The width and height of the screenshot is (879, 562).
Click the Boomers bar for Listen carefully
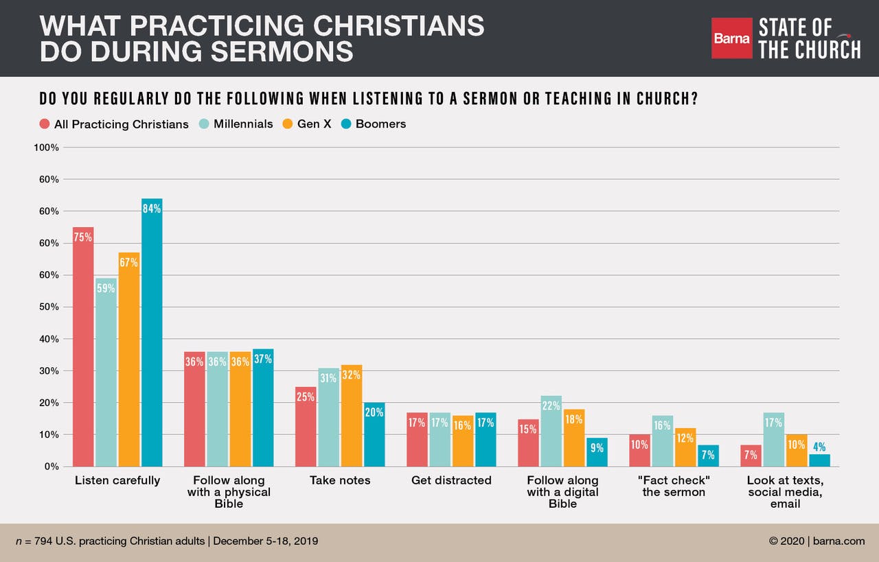(152, 333)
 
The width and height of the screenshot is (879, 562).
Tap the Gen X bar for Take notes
(351, 415)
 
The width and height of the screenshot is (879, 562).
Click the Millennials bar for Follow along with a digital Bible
(551, 431)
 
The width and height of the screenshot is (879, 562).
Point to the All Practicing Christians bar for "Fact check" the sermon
(639, 450)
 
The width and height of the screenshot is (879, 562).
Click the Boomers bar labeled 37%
(263, 408)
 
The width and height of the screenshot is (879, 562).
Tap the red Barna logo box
(731, 38)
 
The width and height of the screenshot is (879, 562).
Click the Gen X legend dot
(287, 124)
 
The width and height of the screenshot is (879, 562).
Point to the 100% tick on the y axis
(47, 148)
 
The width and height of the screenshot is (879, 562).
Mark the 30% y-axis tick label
(49, 371)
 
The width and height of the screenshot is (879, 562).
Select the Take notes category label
(340, 480)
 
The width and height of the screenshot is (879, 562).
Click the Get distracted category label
(451, 480)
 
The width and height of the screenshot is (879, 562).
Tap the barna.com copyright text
(817, 541)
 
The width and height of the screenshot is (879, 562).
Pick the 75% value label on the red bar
(83, 238)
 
